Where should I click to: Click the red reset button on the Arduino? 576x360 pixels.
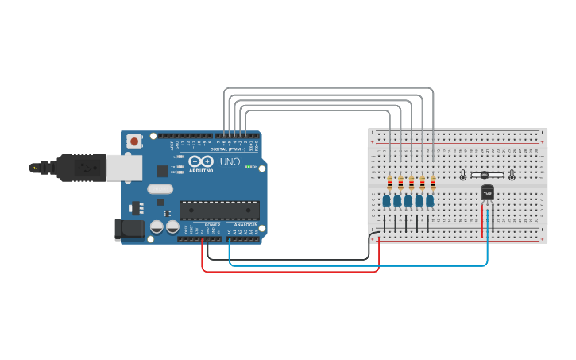134,141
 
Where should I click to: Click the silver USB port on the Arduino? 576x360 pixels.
124,168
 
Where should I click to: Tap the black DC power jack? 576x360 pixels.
130,230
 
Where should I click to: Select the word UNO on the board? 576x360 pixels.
230,162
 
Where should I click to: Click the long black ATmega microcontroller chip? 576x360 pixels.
219,211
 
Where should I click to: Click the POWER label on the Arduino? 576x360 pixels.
212,225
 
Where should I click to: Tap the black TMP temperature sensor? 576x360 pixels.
487,193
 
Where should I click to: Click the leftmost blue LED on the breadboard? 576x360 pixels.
386,201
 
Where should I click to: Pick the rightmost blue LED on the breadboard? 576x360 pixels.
430,201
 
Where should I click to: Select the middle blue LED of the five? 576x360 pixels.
408,201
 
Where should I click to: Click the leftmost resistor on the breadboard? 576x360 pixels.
389,184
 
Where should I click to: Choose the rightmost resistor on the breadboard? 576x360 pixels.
433,184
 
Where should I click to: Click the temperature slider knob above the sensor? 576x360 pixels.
485,175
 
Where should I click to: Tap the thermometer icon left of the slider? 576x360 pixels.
463,175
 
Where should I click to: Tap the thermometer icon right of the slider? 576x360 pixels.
512,175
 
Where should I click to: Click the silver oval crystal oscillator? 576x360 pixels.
159,189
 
